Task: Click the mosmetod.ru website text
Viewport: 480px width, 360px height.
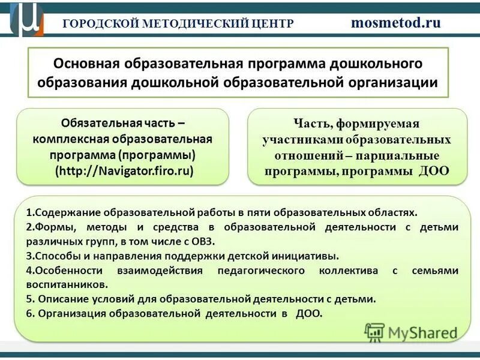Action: coord(395,23)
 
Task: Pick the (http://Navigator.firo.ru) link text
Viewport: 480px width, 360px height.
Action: coord(125,170)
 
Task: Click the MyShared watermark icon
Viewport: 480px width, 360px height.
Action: coord(374,332)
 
